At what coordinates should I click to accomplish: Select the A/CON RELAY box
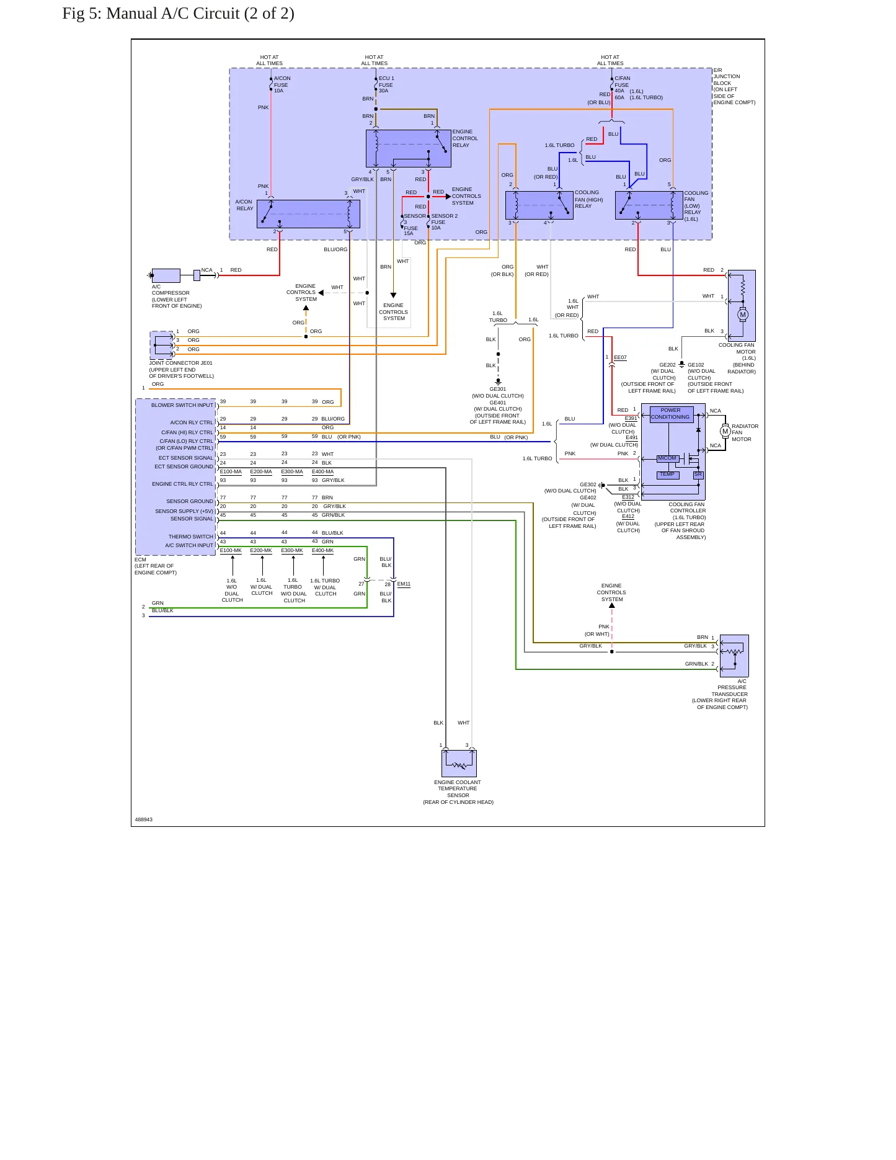pyautogui.click(x=308, y=214)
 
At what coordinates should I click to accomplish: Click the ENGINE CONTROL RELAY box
pyautogui.click(x=409, y=148)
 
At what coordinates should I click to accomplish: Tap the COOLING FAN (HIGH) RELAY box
pyautogui.click(x=539, y=205)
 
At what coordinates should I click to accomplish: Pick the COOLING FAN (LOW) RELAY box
pyautogui.click(x=649, y=205)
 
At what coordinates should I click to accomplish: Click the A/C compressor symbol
pyautogui.click(x=166, y=275)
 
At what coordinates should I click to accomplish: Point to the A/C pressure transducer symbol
pyautogui.click(x=734, y=656)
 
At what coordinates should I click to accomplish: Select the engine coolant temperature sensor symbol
pyautogui.click(x=459, y=763)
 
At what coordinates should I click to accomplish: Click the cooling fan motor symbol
pyautogui.click(x=742, y=305)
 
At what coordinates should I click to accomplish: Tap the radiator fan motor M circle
pyautogui.click(x=725, y=431)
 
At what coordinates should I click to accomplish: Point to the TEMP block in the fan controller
pyautogui.click(x=668, y=475)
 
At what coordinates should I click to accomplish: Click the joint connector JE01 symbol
pyautogui.click(x=162, y=346)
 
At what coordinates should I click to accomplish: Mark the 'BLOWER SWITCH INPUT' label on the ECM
pyautogui.click(x=182, y=405)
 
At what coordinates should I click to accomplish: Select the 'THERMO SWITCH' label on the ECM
pyautogui.click(x=191, y=537)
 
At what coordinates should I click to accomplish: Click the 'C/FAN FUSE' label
pyautogui.click(x=622, y=82)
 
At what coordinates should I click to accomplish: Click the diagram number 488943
pyautogui.click(x=144, y=819)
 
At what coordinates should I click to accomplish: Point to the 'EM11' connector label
pyautogui.click(x=404, y=584)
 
